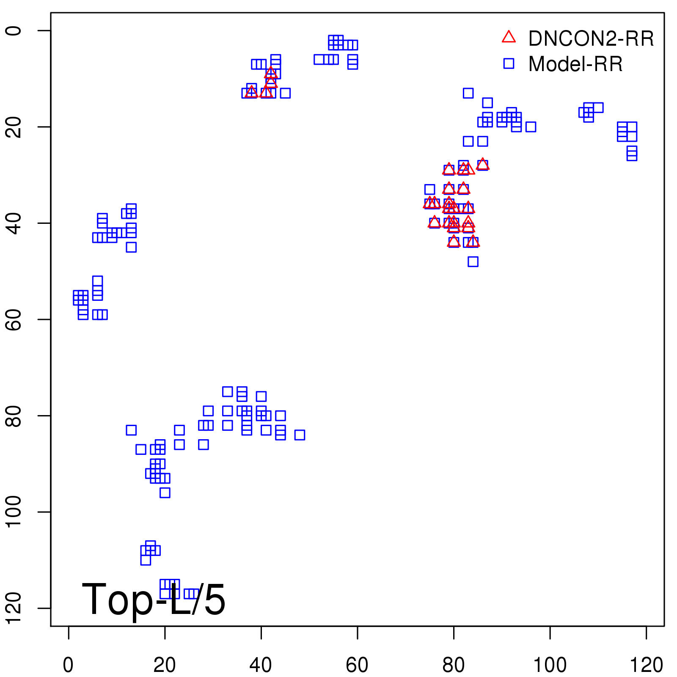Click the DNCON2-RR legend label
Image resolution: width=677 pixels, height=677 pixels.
[x=591, y=39]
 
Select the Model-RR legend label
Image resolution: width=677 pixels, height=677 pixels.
[x=575, y=64]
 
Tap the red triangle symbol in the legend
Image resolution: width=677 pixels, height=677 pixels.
[x=509, y=37]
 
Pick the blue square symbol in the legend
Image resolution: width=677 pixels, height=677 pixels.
[x=509, y=63]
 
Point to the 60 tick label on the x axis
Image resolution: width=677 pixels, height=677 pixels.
[x=357, y=665]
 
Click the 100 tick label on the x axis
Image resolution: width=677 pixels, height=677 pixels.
[x=550, y=665]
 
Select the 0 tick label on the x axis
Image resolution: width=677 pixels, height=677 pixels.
[x=68, y=665]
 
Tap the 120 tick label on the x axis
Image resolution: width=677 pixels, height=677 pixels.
[x=646, y=665]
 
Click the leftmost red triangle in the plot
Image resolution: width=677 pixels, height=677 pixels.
[x=252, y=91]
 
